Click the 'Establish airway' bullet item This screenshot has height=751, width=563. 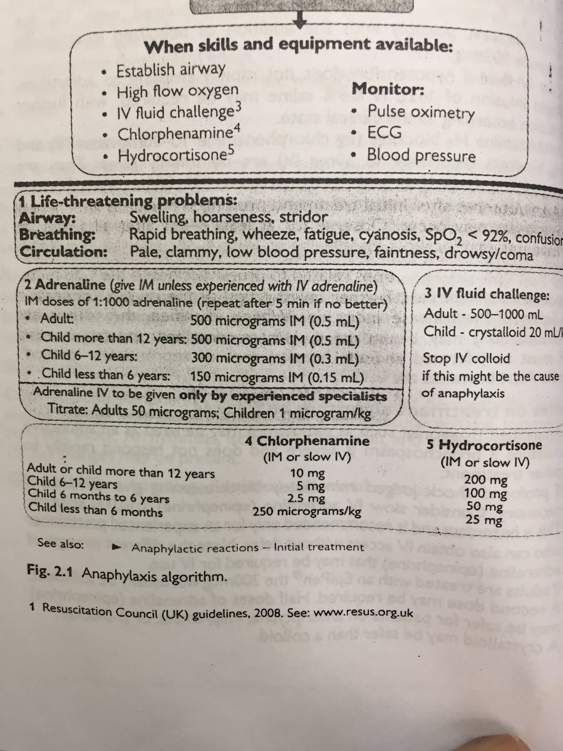pos(171,70)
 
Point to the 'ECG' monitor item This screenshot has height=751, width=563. pos(384,132)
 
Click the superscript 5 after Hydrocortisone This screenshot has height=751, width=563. pos(230,150)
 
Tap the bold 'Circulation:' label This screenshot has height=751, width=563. pos(63,252)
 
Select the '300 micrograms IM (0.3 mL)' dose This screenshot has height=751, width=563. pos(275,358)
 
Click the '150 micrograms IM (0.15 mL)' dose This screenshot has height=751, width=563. pos(277,377)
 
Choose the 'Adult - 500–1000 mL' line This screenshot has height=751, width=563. pos(483,314)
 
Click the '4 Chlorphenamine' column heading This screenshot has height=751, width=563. pos(307,441)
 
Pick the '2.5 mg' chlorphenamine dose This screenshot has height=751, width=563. pos(306,498)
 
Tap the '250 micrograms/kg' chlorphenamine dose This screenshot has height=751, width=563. pos(307,511)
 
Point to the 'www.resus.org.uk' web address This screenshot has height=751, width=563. pos(363,613)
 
